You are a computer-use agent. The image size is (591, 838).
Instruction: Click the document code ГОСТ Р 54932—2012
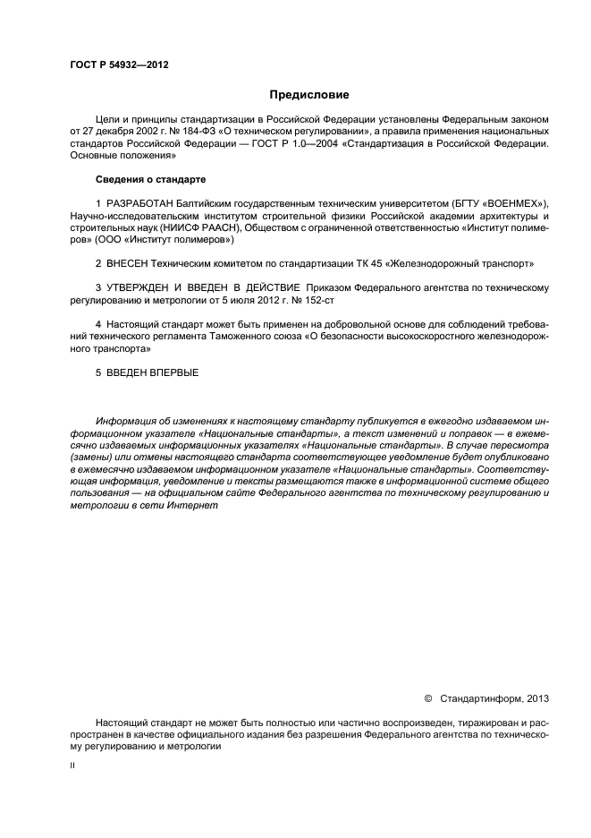click(x=119, y=65)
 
